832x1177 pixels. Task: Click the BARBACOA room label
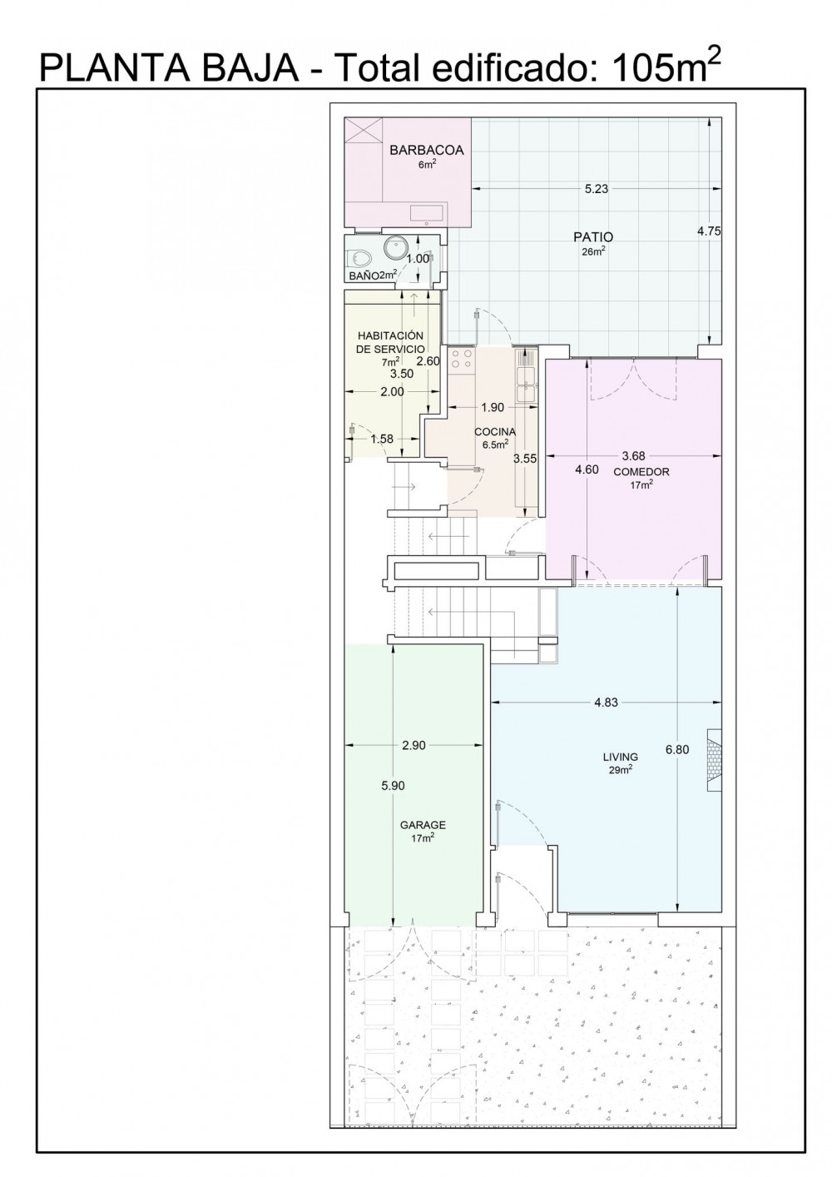coord(427,150)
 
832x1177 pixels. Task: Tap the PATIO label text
coord(593,237)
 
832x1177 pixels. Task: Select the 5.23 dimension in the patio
coord(597,189)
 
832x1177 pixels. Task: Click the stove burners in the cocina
coord(461,359)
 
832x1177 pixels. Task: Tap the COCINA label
coord(495,432)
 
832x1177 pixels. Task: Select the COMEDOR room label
coord(641,472)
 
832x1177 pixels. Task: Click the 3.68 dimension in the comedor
coord(633,455)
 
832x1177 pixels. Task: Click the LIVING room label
coord(621,757)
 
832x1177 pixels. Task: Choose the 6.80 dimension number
coord(677,749)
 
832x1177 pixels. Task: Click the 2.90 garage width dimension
coord(414,745)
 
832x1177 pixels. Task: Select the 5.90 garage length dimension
coord(393,786)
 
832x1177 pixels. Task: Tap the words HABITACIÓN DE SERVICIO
coord(390,342)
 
